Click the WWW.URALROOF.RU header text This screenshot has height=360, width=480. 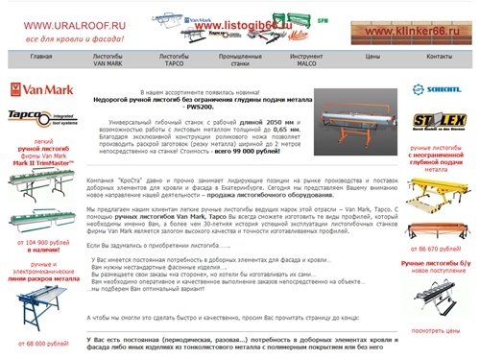[x=60, y=24]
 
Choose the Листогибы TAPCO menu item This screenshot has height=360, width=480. [x=173, y=60]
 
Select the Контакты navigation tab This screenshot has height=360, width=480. [x=438, y=58]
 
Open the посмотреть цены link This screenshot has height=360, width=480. [x=436, y=331]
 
